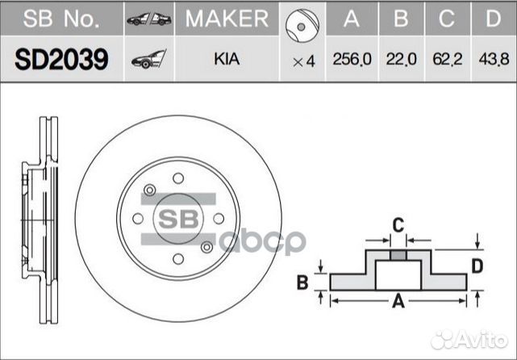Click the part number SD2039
point(61,61)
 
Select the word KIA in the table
point(226,61)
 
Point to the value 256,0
point(351,61)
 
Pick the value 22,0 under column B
point(400,61)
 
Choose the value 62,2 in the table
point(448,61)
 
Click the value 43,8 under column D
point(494,61)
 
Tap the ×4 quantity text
point(303,61)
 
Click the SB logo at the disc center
point(177,219)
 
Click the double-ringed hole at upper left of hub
point(149,190)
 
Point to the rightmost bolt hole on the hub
point(219,218)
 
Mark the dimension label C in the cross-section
point(397,224)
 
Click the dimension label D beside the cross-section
point(477,266)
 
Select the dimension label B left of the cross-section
point(303,282)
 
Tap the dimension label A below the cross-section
point(397,303)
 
